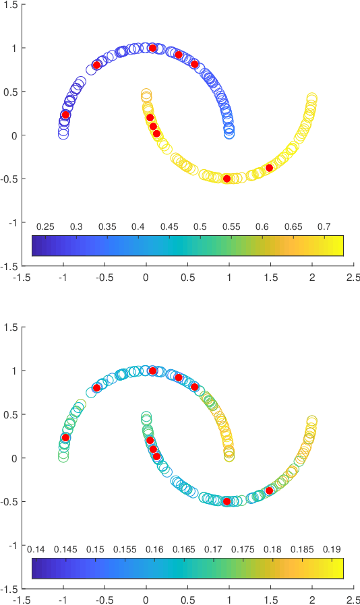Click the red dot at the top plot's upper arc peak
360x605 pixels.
(152, 48)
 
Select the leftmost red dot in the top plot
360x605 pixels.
(65, 115)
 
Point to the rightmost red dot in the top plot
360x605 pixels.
(269, 168)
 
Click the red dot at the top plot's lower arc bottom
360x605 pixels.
(227, 179)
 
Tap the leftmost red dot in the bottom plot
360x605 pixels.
(65, 437)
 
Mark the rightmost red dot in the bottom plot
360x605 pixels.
(269, 490)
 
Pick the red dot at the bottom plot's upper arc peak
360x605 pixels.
(152, 371)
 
